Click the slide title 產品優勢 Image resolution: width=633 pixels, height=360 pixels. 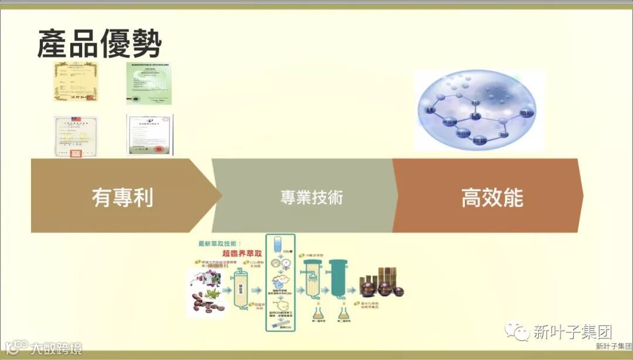click(99, 43)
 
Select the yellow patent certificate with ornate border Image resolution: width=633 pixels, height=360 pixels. click(74, 81)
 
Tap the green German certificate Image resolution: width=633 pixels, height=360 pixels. click(149, 83)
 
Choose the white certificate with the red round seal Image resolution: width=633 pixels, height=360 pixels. click(150, 134)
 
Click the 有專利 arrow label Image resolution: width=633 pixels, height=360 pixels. click(122, 197)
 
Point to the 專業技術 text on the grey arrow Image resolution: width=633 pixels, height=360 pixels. click(311, 197)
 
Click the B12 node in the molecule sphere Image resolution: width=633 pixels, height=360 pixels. click(476, 103)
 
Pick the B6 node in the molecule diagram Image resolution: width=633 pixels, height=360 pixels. click(503, 135)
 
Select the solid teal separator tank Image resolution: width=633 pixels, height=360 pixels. click(337, 278)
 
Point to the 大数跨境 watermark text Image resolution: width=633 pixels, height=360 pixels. click(56, 348)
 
